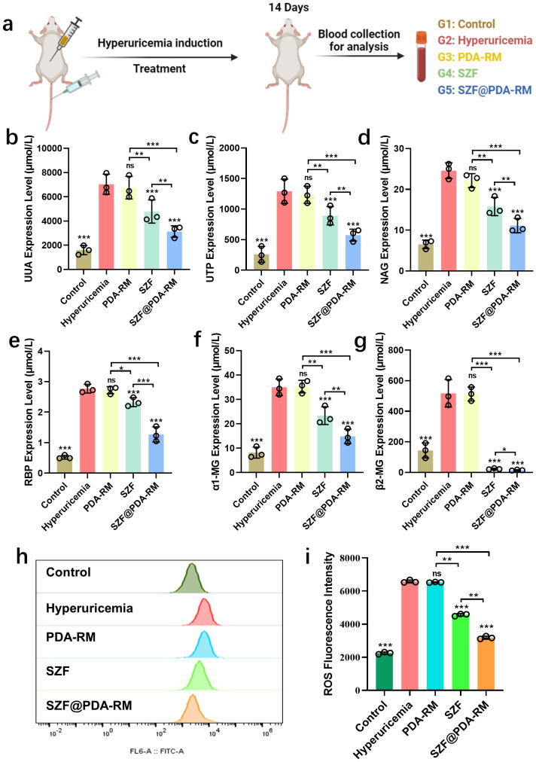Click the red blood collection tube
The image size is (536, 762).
click(422, 56)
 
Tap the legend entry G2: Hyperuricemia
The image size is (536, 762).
click(485, 41)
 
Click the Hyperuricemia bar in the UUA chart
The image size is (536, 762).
click(106, 227)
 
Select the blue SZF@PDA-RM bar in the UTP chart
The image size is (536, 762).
click(353, 252)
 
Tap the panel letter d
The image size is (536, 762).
click(364, 138)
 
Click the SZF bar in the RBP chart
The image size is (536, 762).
click(133, 437)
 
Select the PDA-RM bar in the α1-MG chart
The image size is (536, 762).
click(303, 430)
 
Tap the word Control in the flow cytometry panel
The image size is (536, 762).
click(68, 572)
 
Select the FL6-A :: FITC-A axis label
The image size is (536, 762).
click(157, 751)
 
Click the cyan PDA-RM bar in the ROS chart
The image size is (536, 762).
click(435, 636)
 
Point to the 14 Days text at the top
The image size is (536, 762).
click(288, 8)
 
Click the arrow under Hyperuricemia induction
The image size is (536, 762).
click(158, 57)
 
